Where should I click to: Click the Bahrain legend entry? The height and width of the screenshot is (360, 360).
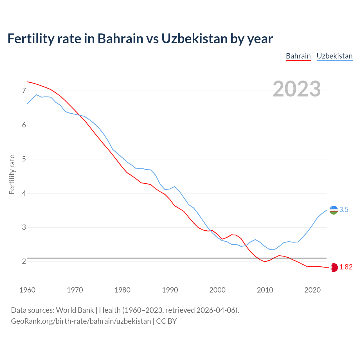pos(298,56)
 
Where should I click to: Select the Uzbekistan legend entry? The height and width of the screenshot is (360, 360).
pos(334,56)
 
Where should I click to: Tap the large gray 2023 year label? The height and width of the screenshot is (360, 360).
pos(296,89)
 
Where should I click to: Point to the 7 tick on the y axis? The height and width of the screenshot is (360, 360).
pos(24,91)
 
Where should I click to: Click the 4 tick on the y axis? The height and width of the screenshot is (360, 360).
pos(24,193)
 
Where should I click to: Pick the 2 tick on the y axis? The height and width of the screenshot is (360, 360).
pos(24,261)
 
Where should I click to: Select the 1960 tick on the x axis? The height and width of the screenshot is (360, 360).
pos(27,290)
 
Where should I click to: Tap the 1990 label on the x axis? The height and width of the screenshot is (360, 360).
pos(170,290)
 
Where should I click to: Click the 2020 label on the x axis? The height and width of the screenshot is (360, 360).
pos(312,290)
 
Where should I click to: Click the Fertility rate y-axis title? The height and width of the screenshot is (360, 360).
pos(12,174)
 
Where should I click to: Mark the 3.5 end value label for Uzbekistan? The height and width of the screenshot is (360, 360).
pos(344,210)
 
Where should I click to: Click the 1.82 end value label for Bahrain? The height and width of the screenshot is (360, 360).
pos(346,267)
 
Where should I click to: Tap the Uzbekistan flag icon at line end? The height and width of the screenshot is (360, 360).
pos(334,210)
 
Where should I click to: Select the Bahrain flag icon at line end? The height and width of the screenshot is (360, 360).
pos(334,267)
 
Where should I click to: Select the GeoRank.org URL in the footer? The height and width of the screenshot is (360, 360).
pos(81,321)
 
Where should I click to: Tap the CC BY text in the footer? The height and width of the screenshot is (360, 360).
pos(166,321)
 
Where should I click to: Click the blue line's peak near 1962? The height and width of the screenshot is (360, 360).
pos(37,95)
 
